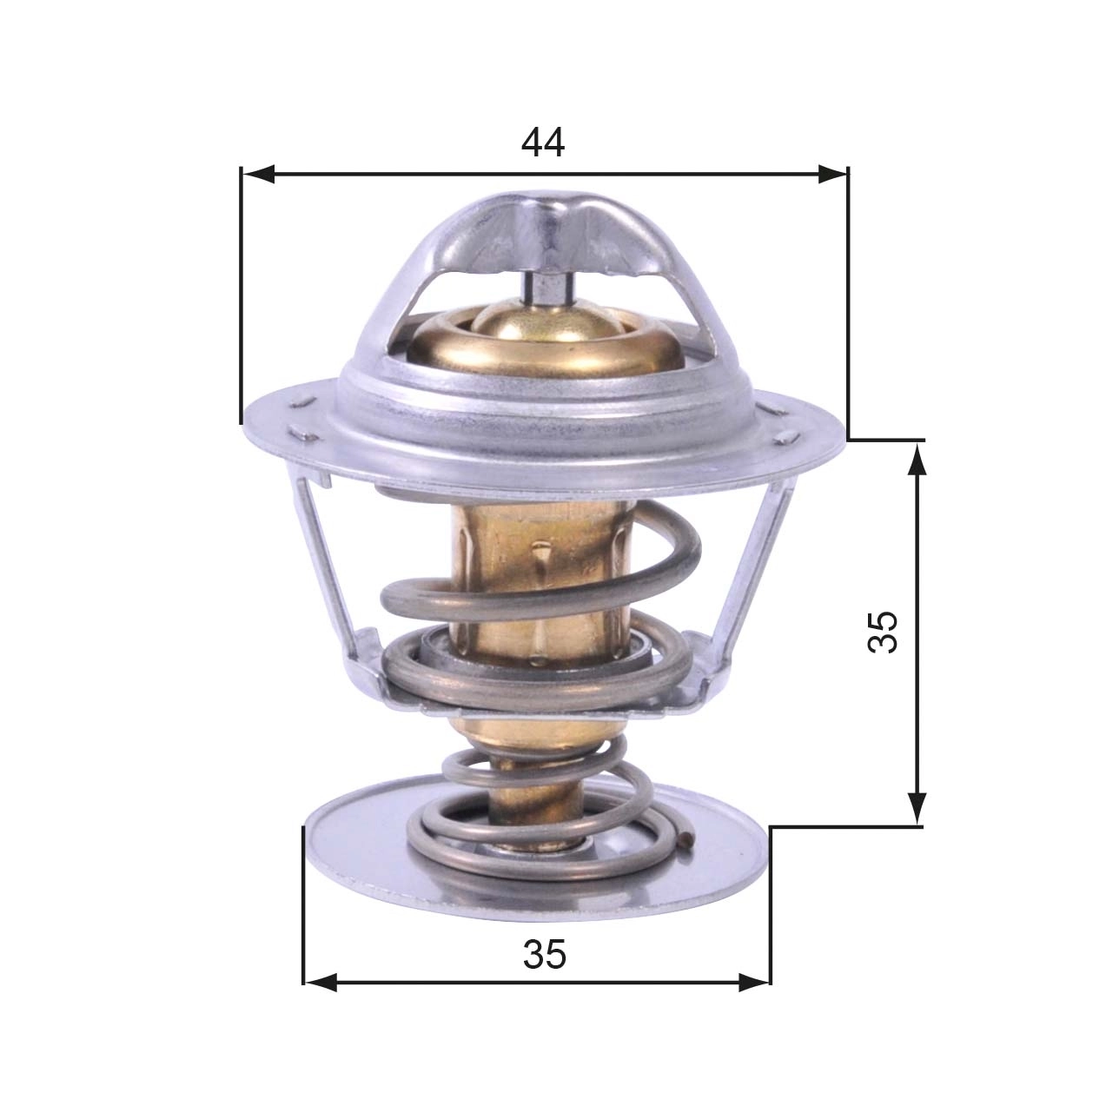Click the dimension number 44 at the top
(543, 143)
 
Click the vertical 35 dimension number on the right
(883, 632)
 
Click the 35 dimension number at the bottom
(545, 955)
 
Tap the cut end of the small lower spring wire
(688, 839)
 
